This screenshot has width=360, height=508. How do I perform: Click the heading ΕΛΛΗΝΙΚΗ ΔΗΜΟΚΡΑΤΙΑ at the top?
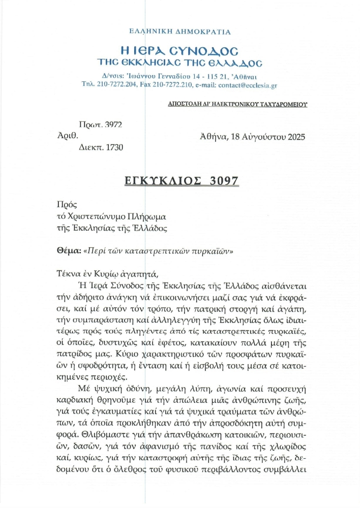[180, 31]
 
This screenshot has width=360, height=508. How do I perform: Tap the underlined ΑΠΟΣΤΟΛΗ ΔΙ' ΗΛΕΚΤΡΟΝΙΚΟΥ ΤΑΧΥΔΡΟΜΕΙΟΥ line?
[238, 104]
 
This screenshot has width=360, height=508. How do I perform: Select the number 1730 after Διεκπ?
[112, 147]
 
